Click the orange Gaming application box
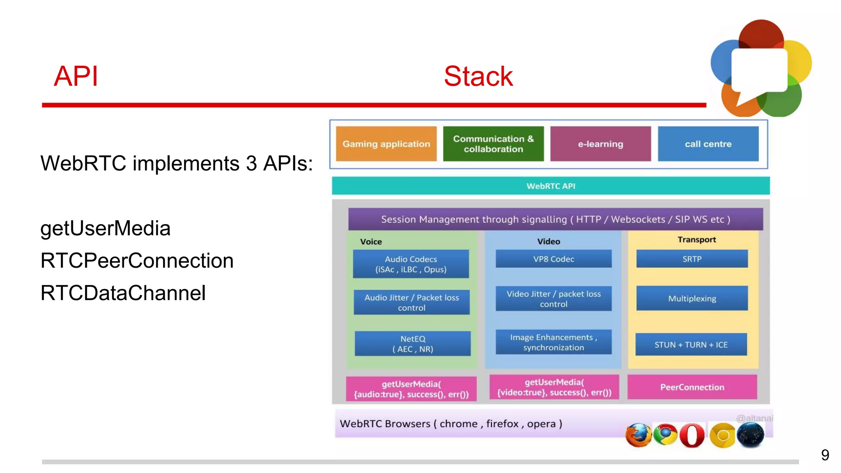[386, 144]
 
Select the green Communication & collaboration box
[493, 144]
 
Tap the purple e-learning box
[600, 144]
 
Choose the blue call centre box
[708, 144]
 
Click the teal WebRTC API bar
[551, 186]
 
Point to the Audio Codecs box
[411, 264]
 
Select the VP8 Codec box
[554, 259]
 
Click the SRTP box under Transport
[692, 259]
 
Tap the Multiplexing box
[692, 298]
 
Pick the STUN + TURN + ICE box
[691, 344]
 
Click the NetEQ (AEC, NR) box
[413, 344]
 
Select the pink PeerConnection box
[692, 387]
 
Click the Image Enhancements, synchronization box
[554, 342]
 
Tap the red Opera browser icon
[692, 435]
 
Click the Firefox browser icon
[638, 435]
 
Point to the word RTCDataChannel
[123, 293]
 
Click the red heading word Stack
[478, 76]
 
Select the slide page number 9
[825, 455]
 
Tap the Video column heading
[549, 241]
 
